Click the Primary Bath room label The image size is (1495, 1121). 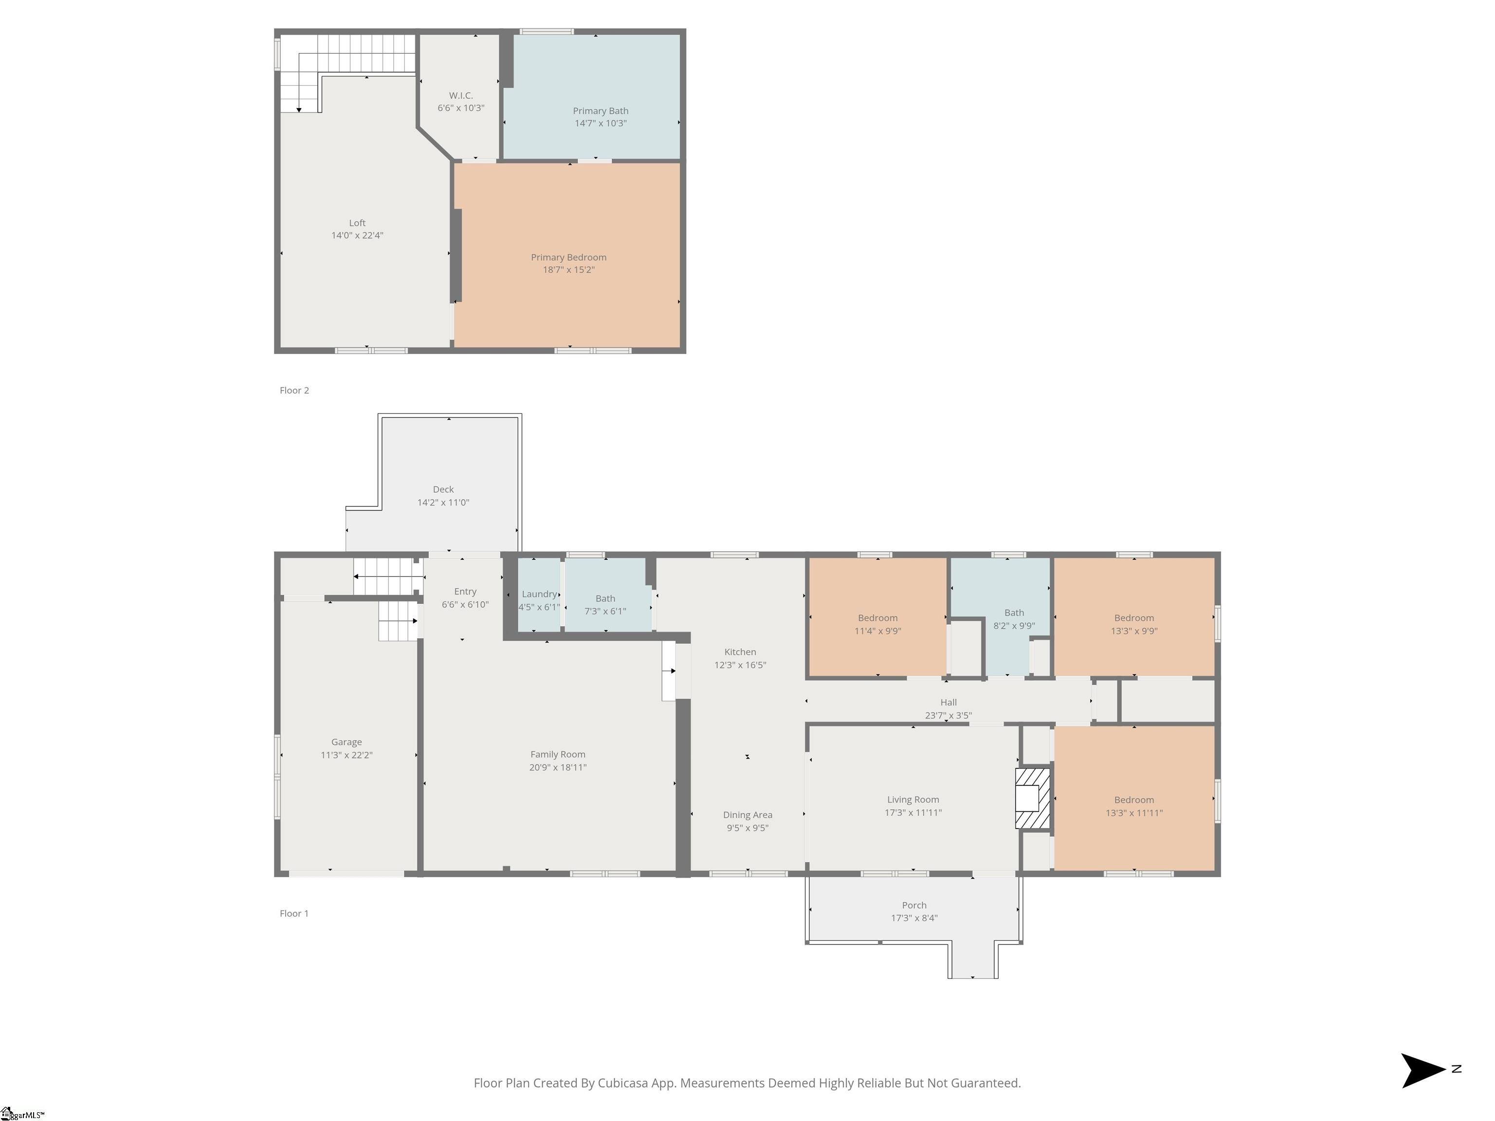[600, 111]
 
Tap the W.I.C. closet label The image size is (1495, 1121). [460, 95]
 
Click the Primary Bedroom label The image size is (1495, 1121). [568, 257]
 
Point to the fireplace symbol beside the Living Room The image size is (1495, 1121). [1033, 798]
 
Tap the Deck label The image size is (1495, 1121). [443, 489]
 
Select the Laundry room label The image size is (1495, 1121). [539, 594]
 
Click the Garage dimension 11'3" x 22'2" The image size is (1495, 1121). [346, 755]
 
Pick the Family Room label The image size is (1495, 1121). [558, 754]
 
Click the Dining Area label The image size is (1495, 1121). [747, 815]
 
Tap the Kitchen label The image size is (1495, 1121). [740, 652]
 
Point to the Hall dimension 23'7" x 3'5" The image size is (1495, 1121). [948, 715]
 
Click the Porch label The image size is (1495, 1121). [914, 905]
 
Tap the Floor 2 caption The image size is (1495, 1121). [294, 391]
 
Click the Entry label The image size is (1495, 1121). [465, 591]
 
